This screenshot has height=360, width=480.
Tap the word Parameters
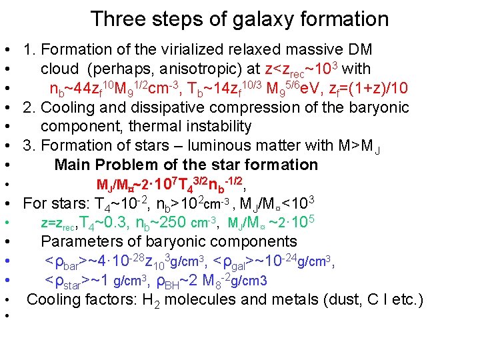83,241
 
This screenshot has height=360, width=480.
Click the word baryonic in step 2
383,107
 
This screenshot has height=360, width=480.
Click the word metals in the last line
289,300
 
